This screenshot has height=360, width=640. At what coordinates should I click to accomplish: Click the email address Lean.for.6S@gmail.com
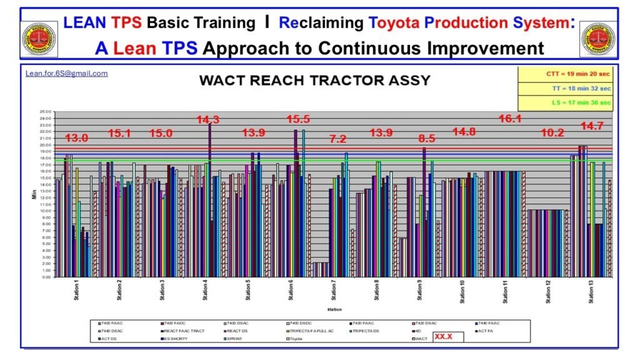click(x=66, y=73)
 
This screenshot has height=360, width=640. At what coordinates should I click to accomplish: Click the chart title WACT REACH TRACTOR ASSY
click(x=314, y=81)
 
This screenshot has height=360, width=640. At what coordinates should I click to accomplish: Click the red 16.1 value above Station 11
click(x=511, y=119)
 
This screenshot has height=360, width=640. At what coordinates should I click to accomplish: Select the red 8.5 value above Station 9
click(x=422, y=137)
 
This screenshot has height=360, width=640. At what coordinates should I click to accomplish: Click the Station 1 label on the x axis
click(x=76, y=292)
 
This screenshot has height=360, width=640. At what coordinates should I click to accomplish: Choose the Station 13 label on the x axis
click(x=591, y=292)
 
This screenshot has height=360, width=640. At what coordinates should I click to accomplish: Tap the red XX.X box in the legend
click(x=447, y=337)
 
